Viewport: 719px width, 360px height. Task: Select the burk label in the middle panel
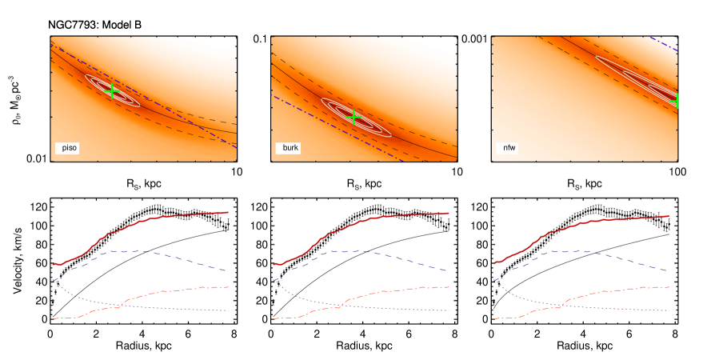290,148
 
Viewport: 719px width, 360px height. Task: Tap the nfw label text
509,148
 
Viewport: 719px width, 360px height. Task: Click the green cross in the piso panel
112,91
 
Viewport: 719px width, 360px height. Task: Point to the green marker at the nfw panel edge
676,100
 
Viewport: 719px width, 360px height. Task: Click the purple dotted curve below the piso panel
184,308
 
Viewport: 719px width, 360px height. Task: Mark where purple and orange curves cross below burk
339,305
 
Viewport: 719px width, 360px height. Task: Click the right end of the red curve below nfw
669,215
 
